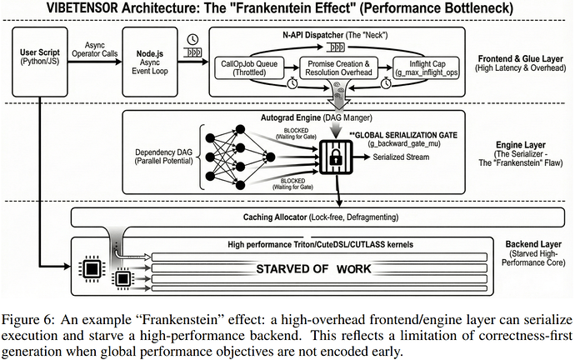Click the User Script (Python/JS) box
(40, 62)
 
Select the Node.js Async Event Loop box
(150, 62)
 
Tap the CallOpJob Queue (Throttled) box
(249, 67)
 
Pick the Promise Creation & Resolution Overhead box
(338, 67)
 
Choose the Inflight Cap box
(426, 67)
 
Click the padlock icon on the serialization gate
(336, 157)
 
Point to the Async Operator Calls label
(95, 49)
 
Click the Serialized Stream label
(401, 157)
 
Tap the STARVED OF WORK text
(313, 269)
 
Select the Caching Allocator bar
(317, 217)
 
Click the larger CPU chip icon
(92, 270)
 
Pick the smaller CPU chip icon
(122, 279)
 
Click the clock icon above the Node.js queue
(192, 39)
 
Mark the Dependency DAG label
(163, 157)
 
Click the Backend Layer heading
(533, 244)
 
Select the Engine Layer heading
(521, 145)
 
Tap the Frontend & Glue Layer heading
(520, 58)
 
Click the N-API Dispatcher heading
(312, 35)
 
